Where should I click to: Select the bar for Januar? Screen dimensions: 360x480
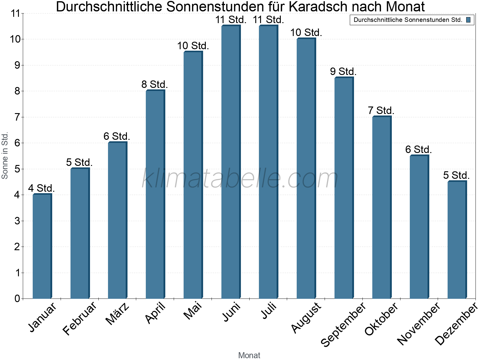42,246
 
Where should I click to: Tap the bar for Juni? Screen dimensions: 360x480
231,162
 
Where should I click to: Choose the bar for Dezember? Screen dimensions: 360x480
457,240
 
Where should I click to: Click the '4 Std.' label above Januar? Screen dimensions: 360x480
41,188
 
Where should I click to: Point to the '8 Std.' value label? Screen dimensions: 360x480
154,85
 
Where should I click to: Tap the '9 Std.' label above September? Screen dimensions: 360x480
343,72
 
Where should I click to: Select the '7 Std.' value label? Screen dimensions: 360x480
381,111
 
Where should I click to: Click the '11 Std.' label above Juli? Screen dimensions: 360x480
268,20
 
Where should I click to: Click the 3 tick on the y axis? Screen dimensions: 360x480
17,221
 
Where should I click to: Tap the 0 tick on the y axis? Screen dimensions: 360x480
17,299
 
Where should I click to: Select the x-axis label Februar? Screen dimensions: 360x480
80,318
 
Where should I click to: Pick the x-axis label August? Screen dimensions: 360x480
306,318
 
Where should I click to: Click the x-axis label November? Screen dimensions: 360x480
419,323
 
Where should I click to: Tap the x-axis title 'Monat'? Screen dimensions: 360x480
249,355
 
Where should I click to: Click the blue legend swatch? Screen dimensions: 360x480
468,20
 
